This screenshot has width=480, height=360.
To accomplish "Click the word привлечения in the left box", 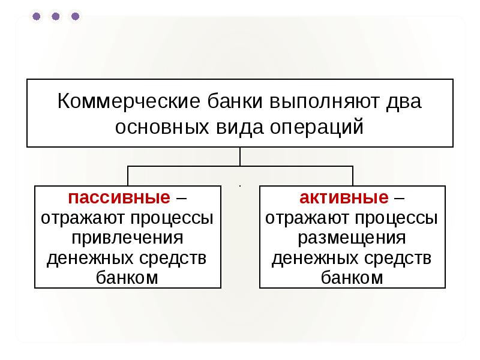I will point(127,238).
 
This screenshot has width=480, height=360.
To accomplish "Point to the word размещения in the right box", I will point(352,238).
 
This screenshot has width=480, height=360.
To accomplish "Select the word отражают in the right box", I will point(305,218).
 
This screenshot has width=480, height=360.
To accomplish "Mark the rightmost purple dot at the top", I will point(75,17).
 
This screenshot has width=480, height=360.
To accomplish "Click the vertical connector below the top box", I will point(240,157).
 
